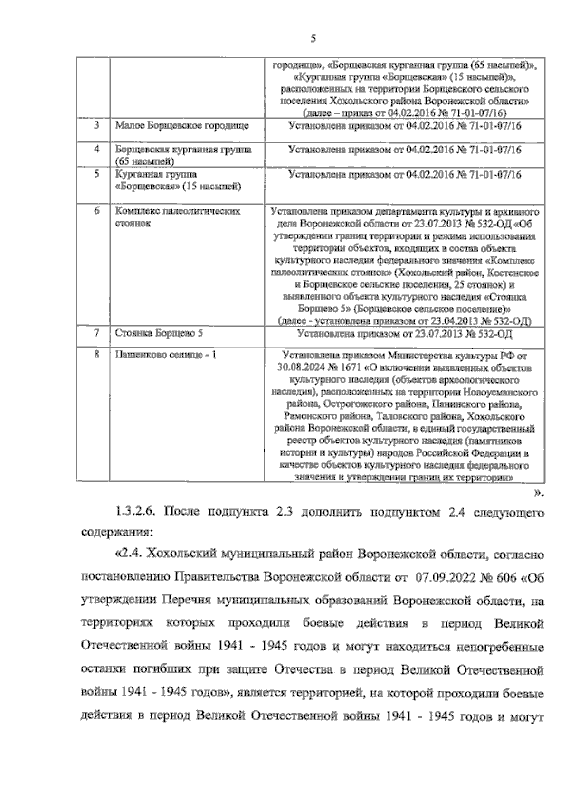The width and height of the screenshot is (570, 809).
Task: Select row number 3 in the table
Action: coord(96,125)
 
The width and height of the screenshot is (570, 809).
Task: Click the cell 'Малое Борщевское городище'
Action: coord(182,126)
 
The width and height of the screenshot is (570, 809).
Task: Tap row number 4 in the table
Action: coord(96,150)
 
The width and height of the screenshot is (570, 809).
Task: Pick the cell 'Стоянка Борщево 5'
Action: coord(159,333)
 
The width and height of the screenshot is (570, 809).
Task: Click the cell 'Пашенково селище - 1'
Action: coord(166,355)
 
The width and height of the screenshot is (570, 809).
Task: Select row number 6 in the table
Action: coord(96,211)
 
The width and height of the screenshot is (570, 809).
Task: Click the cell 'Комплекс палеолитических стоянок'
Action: coord(178,217)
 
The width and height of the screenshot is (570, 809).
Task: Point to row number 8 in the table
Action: coord(96,354)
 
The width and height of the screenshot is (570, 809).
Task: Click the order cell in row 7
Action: coord(404,334)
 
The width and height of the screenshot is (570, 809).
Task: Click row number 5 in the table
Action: coord(96,174)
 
